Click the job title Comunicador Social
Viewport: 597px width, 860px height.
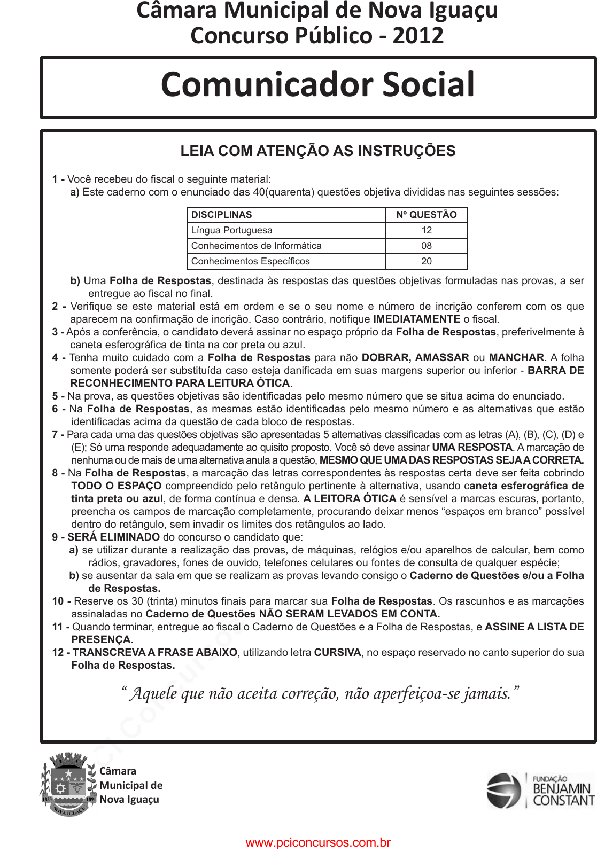click(317, 84)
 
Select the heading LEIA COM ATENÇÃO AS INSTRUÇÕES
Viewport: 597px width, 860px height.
click(317, 151)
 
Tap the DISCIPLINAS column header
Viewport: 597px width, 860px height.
click(222, 215)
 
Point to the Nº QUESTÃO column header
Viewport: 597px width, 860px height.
click(426, 215)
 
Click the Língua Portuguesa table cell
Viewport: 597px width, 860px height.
click(232, 230)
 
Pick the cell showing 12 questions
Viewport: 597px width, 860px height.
click(426, 230)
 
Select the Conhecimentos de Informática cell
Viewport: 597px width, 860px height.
click(257, 246)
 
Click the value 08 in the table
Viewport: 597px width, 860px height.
click(426, 246)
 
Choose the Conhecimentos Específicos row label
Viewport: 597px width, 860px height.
click(251, 261)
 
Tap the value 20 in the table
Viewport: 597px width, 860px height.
click(426, 261)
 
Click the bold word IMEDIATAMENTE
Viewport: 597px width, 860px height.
click(416, 319)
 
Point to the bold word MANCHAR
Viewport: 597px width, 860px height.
click(516, 358)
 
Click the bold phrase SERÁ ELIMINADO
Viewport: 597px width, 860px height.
click(113, 537)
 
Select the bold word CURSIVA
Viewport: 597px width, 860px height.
click(337, 653)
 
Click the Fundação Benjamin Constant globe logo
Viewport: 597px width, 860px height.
click(503, 791)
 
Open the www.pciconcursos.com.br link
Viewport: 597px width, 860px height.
click(318, 843)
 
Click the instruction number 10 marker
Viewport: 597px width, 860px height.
click(58, 601)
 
